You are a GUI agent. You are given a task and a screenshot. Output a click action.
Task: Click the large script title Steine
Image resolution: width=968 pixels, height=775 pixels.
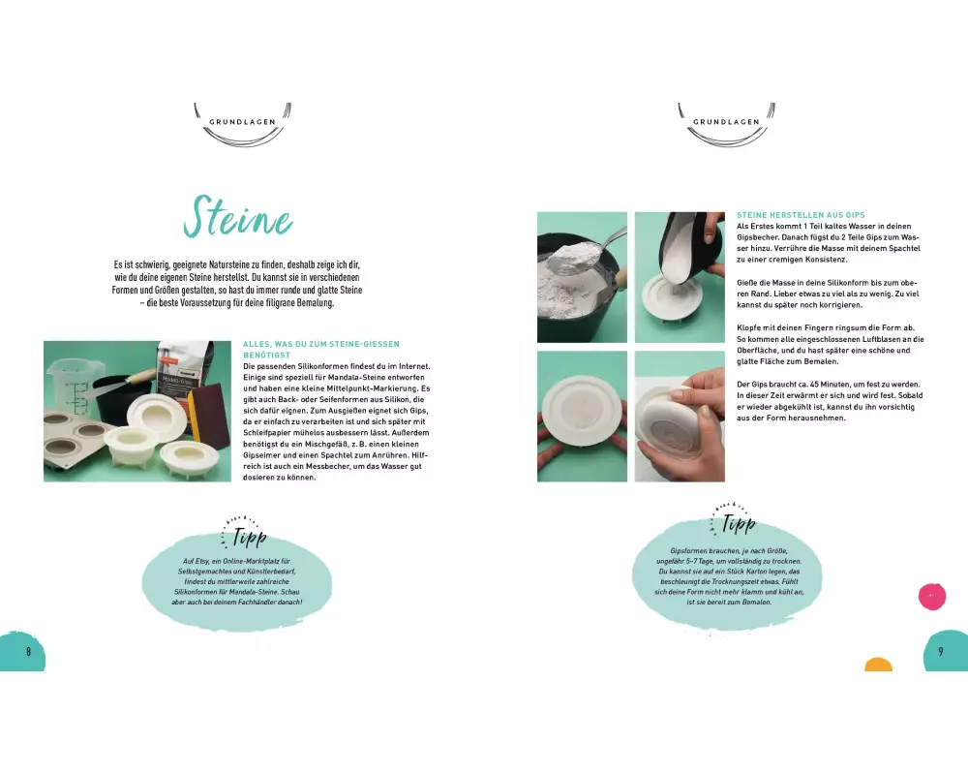click(238, 218)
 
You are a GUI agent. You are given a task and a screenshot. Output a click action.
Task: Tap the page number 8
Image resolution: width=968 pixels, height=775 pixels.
click(28, 651)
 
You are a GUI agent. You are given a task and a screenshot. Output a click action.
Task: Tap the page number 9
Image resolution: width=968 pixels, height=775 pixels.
click(941, 651)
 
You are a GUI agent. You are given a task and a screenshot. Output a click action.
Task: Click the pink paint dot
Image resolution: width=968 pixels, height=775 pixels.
click(932, 597)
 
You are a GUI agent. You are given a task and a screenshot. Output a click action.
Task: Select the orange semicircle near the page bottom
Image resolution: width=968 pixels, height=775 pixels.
click(879, 665)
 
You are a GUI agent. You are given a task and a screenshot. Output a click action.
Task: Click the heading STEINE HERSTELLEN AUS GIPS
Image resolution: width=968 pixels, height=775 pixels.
click(801, 215)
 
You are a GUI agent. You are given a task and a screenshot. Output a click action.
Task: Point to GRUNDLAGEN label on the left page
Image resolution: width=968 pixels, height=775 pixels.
click(243, 122)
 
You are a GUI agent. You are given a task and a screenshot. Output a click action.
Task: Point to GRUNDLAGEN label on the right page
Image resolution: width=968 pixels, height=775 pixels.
click(727, 122)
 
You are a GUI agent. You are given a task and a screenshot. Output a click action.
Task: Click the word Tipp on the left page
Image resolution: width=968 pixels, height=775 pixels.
click(250, 537)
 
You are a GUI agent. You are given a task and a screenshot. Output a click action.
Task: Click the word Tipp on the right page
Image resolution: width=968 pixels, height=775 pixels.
click(739, 523)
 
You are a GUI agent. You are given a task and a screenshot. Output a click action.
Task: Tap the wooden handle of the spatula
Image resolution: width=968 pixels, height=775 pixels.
click(141, 376)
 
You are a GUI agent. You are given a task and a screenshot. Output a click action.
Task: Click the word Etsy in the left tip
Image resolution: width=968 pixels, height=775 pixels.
click(201, 561)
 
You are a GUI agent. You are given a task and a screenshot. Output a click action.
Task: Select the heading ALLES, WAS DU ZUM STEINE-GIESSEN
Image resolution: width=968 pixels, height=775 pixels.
click(321, 344)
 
